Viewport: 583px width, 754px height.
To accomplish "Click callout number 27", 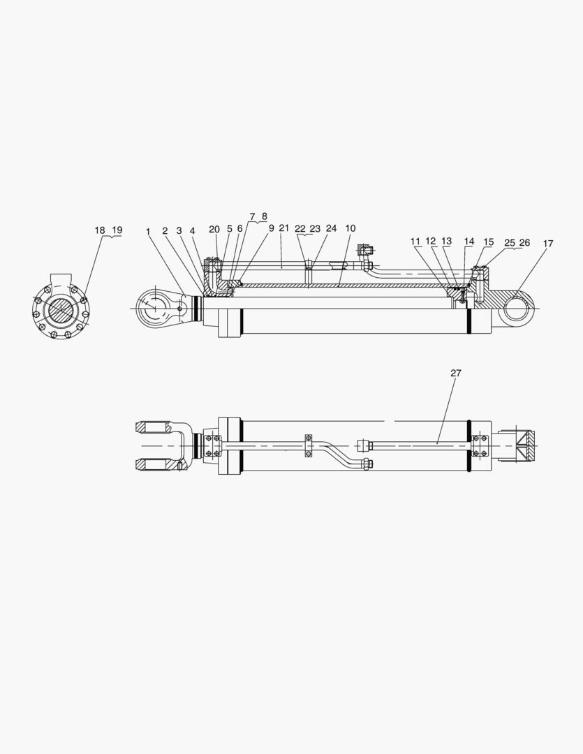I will pos(455,374).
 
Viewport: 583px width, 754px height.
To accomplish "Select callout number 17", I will pos(548,244).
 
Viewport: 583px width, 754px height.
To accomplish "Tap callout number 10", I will pos(350,228).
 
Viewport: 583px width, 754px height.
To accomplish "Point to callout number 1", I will pos(148,231).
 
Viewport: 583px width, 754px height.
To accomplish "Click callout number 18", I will pos(101,230).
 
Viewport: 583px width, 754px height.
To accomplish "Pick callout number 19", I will pos(116,230).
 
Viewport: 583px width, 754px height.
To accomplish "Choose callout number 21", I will pos(283,228).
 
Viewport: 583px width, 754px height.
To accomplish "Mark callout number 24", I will pos(331,228).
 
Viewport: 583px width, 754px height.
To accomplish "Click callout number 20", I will pos(214,229).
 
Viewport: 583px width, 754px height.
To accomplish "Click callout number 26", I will pos(524,242).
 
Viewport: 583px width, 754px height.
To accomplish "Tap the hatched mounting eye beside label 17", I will pos(517,306).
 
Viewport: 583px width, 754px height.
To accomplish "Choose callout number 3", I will pos(179,231).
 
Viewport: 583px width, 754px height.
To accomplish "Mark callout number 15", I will pos(489,242).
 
